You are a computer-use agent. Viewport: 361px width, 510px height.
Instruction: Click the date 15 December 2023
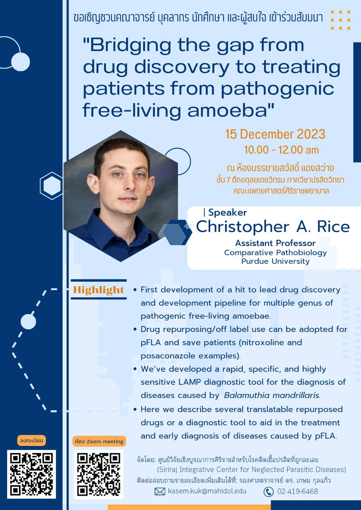[275, 134]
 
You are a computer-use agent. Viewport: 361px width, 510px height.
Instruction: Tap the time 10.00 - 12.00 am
[281, 150]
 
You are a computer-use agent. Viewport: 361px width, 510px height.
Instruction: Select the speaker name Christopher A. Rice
[273, 227]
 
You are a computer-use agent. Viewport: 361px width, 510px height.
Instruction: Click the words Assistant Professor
[275, 243]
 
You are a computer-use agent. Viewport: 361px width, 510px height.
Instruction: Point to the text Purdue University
[275, 261]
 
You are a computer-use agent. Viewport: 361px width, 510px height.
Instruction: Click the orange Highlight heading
[98, 290]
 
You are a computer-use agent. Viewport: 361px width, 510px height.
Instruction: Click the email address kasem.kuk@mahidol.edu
[207, 491]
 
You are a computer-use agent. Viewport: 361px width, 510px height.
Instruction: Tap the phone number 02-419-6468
[298, 491]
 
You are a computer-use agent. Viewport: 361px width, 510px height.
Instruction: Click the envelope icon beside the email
[160, 492]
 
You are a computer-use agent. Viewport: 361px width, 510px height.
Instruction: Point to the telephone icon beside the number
[268, 492]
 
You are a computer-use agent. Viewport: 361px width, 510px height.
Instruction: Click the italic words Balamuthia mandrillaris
[272, 395]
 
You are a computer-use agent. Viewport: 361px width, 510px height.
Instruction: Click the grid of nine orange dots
[341, 20]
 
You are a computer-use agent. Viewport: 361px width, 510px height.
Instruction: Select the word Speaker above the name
[227, 213]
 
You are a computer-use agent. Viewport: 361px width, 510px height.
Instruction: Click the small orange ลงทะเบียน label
[32, 441]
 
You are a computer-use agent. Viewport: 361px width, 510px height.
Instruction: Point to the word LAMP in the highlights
[190, 382]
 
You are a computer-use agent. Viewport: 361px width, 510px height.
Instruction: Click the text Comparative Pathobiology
[275, 252]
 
